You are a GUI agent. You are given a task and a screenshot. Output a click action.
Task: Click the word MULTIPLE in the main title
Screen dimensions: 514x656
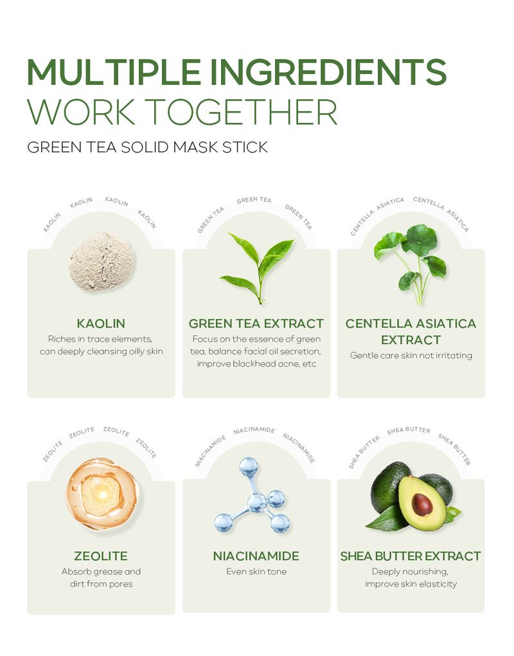(x=114, y=71)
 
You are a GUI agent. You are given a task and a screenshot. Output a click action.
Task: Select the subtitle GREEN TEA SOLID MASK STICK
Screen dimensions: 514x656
(x=148, y=147)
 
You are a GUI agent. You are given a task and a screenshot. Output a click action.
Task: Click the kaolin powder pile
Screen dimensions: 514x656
(x=102, y=262)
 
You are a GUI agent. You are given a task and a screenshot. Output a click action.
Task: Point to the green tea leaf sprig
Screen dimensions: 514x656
(x=257, y=268)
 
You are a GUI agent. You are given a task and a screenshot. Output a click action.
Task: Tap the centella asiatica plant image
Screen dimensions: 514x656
(x=411, y=264)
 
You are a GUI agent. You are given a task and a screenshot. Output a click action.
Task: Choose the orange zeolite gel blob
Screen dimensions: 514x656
(x=102, y=494)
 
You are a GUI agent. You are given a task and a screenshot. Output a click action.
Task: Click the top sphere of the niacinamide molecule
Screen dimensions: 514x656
(x=249, y=466)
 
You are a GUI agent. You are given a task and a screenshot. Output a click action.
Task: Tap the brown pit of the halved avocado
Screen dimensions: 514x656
(x=422, y=505)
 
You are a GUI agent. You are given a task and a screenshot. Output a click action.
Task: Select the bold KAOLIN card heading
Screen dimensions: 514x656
(x=101, y=323)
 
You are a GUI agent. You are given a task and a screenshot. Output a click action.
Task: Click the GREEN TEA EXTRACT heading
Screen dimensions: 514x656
(x=256, y=323)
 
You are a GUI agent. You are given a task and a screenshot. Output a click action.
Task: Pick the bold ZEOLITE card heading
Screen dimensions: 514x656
(x=101, y=556)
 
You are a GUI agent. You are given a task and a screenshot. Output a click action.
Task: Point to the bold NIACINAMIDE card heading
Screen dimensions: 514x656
(x=256, y=556)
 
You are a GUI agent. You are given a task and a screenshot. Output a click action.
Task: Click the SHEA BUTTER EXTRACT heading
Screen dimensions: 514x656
(x=411, y=556)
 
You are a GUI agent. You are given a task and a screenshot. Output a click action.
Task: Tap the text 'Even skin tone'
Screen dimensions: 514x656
(x=256, y=572)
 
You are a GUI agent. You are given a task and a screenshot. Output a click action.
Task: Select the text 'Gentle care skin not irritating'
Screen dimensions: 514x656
(x=411, y=356)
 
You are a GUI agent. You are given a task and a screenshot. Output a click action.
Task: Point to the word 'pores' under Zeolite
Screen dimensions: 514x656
(x=121, y=585)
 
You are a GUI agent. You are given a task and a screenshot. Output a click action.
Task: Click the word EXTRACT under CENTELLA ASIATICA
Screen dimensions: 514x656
(x=411, y=340)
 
